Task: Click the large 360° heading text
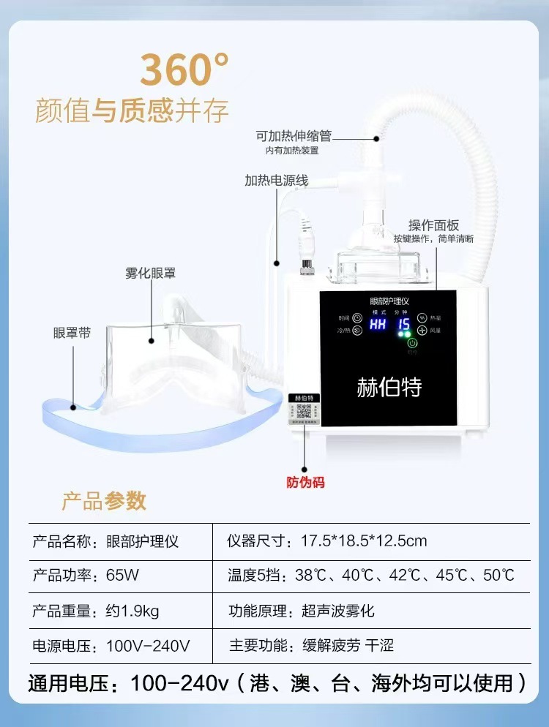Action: click(184, 69)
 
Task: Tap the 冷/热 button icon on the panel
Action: click(358, 331)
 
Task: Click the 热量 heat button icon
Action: click(422, 318)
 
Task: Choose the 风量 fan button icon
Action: click(422, 330)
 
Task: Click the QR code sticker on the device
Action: click(302, 411)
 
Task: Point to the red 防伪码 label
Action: click(305, 482)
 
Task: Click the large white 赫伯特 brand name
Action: click(389, 386)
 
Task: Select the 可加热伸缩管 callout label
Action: click(294, 136)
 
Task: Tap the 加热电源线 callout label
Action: click(277, 180)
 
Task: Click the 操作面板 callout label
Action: click(433, 225)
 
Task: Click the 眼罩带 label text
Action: click(72, 332)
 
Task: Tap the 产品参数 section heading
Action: click(104, 501)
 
